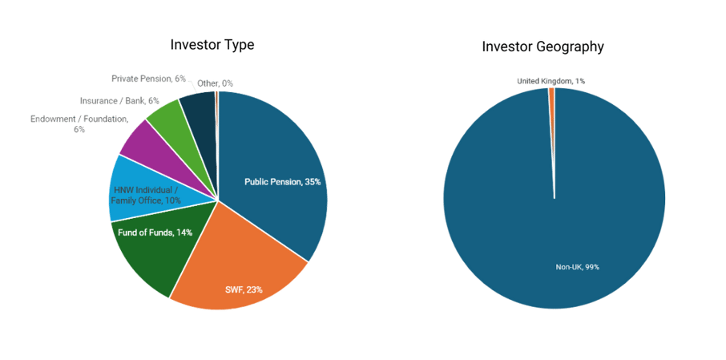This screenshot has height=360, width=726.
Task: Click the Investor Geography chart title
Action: click(x=542, y=47)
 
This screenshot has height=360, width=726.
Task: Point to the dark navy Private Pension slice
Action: click(x=198, y=108)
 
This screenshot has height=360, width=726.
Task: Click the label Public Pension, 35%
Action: click(x=282, y=182)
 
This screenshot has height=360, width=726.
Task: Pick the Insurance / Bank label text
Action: click(x=119, y=101)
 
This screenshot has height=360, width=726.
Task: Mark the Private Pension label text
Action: click(x=147, y=79)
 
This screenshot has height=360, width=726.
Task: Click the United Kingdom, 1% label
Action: click(x=551, y=81)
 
